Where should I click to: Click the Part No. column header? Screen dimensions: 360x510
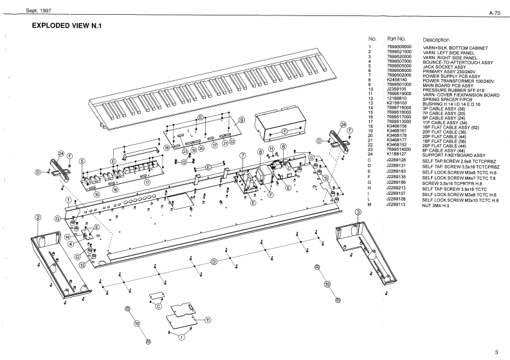[x=396, y=39]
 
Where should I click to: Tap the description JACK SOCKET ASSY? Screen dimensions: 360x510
[x=444, y=66]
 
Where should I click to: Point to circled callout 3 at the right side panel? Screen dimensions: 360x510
[x=358, y=212]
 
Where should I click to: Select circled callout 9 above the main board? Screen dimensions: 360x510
[x=242, y=120]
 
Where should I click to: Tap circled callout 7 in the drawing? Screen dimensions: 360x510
[x=242, y=156]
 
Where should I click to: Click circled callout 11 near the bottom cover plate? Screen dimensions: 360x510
[x=208, y=319]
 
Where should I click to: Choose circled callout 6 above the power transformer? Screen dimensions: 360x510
[x=282, y=147]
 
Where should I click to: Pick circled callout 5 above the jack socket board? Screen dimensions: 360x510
[x=82, y=161]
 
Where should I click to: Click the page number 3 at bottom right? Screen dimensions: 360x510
[x=496, y=352]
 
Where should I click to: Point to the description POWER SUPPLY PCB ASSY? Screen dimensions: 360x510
[x=449, y=76]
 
